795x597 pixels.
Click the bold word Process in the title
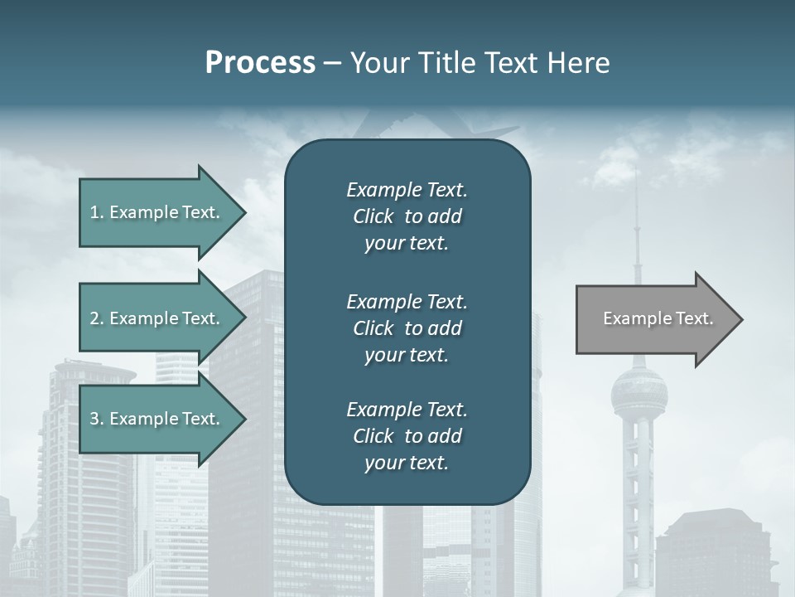[x=260, y=63]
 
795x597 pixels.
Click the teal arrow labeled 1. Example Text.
[x=157, y=212]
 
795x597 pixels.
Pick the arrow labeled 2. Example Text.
[x=157, y=318]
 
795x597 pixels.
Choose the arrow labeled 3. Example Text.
[x=157, y=419]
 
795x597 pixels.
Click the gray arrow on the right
[x=654, y=319]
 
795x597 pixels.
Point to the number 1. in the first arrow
[x=97, y=212]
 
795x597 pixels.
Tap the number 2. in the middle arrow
[x=97, y=318]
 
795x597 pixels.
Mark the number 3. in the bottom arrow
[x=97, y=419]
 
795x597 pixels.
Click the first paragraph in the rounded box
[x=407, y=216]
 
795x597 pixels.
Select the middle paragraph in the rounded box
[x=407, y=328]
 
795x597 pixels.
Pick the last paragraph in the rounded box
[x=407, y=436]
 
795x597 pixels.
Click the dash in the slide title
[x=333, y=64]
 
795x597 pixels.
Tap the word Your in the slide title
[x=378, y=63]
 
